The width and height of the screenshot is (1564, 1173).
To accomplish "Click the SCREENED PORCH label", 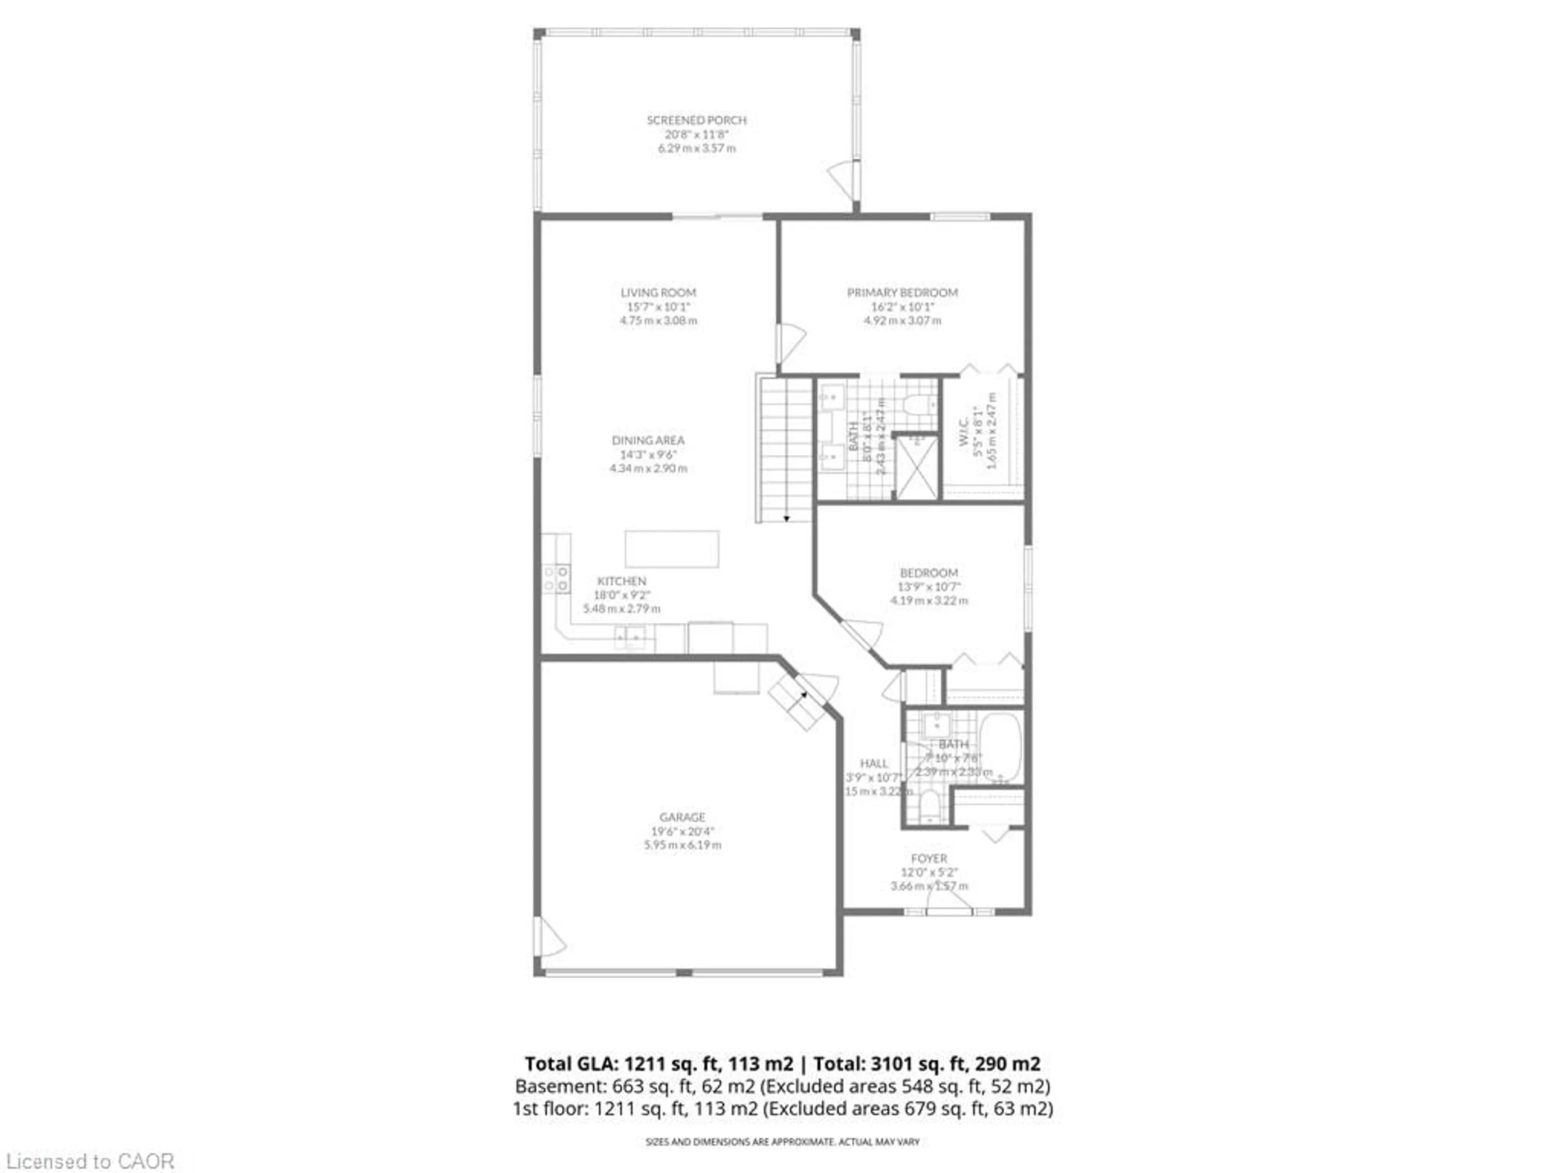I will pyautogui.click(x=696, y=120).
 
